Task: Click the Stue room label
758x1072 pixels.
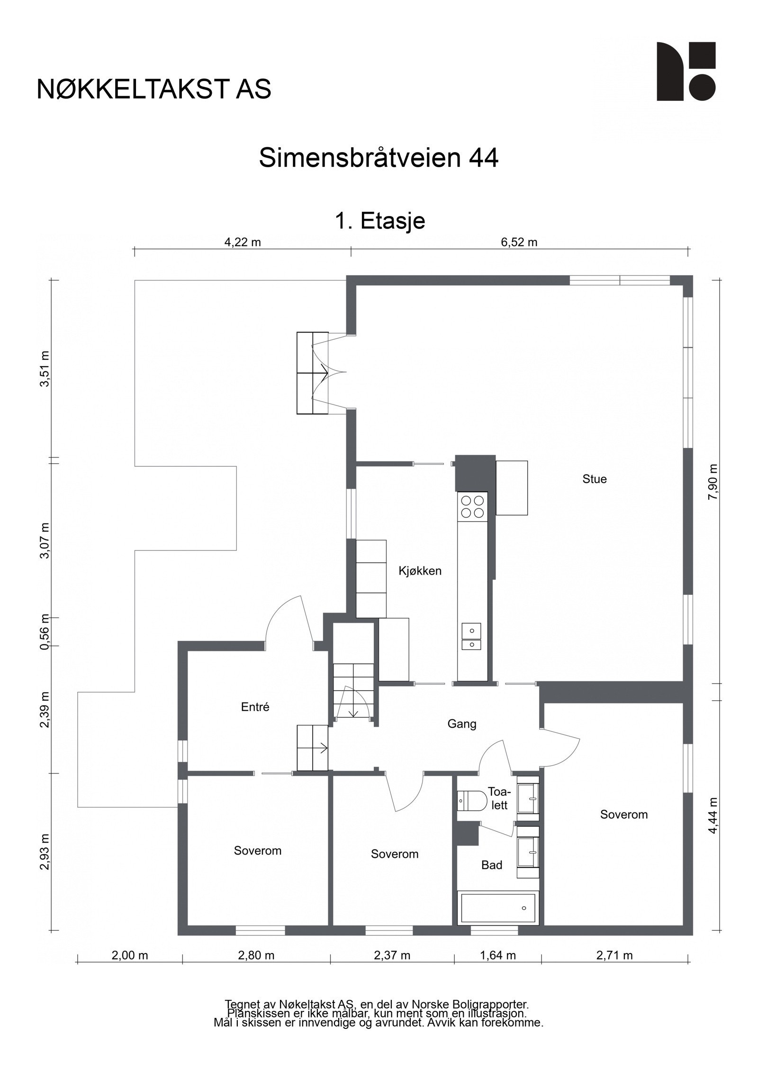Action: click(594, 479)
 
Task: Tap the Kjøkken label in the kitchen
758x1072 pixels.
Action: click(420, 571)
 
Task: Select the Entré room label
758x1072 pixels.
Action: click(255, 707)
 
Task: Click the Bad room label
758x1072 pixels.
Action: click(491, 865)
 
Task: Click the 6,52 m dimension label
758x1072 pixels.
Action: click(519, 243)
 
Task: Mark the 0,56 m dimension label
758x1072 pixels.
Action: click(45, 632)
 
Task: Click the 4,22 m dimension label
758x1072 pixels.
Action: click(243, 243)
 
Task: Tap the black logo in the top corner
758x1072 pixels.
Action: click(686, 71)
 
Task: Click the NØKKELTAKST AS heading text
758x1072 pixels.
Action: click(154, 89)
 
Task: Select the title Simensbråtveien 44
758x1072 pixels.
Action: click(379, 158)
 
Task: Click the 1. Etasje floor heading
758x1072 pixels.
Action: click(380, 220)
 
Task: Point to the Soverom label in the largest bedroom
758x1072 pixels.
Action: click(623, 814)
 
